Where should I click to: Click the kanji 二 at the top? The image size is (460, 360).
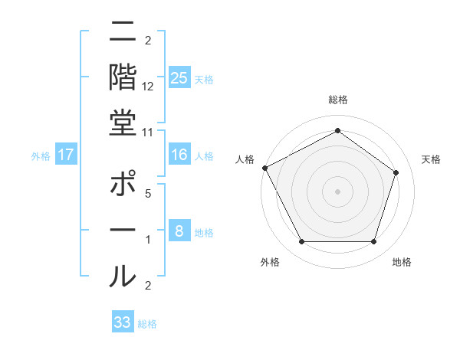point(123,34)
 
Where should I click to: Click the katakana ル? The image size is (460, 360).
point(123,273)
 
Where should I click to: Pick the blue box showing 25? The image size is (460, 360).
point(179,78)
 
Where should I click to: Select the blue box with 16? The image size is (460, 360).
point(179,155)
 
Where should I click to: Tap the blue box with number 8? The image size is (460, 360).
point(179,231)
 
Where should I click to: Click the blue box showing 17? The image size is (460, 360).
point(66,155)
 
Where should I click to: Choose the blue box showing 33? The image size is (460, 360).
point(123,322)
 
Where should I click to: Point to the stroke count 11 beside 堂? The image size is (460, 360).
point(148,133)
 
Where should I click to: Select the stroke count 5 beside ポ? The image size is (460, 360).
point(148,195)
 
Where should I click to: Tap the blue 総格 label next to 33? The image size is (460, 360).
point(147,324)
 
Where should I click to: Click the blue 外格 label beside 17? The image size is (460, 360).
point(41,156)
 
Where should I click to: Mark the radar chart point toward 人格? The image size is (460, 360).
point(265,168)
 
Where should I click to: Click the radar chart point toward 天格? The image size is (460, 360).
point(396,172)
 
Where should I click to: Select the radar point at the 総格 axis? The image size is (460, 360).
point(337,131)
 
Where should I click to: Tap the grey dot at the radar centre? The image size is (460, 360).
point(337,191)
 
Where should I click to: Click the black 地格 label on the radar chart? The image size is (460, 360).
point(402,263)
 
